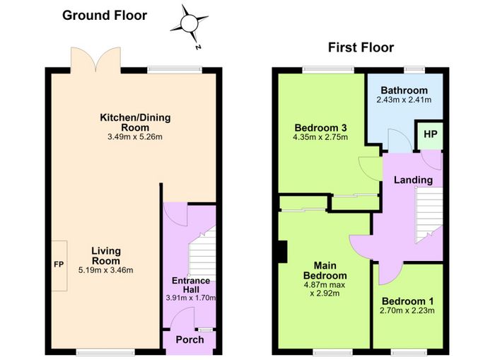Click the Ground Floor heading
105,16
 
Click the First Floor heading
361,47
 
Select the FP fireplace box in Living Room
59,265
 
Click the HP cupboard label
430,134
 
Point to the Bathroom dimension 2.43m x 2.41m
404,100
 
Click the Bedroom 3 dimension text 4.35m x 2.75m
320,137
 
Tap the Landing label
413,180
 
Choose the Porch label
190,339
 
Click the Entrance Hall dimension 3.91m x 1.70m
191,298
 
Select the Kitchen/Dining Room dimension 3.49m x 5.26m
135,137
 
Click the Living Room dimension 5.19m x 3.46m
105,270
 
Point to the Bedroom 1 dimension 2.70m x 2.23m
407,310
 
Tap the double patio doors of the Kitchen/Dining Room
95,59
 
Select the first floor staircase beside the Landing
429,216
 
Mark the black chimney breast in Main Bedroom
282,252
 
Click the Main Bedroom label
325,271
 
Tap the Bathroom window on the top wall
415,69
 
